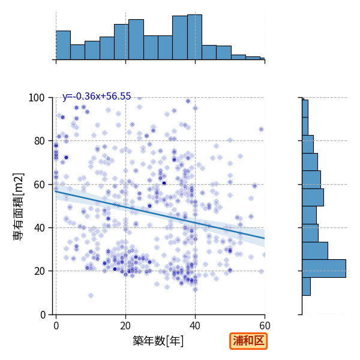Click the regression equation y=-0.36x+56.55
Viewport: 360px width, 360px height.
point(97,96)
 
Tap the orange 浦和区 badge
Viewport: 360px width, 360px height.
point(248,341)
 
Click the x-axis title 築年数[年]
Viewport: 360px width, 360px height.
point(158,341)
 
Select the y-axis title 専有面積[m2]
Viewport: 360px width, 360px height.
point(19,206)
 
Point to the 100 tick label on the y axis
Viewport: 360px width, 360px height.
point(36,98)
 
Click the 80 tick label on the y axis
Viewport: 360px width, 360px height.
point(39,141)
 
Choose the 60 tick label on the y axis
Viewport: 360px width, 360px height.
point(39,185)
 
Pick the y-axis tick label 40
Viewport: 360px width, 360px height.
point(39,228)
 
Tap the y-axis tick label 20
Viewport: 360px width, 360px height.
point(39,271)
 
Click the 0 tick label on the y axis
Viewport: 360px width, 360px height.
point(43,315)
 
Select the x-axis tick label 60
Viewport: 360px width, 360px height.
point(265,326)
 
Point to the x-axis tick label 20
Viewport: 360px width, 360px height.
point(125,326)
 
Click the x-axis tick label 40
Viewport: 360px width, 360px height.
point(195,326)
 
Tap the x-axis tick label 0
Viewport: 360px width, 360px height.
point(56,326)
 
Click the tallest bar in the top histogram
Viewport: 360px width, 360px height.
point(194,37)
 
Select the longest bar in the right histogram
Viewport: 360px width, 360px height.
point(324,268)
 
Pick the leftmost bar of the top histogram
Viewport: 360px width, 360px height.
point(63,45)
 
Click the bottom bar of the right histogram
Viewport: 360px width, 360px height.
point(306,286)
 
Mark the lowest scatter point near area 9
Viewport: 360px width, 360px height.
point(91,295)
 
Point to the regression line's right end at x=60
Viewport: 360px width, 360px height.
point(265,238)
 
